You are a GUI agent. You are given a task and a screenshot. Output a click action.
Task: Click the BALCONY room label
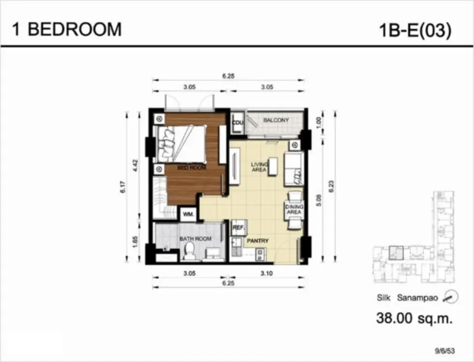click(276, 120)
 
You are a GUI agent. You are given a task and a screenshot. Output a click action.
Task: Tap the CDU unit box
click(237, 123)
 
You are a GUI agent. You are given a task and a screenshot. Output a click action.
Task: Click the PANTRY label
click(258, 241)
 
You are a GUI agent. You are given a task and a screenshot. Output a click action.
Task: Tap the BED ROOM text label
click(192, 167)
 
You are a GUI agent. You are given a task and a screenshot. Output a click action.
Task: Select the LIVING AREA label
click(259, 167)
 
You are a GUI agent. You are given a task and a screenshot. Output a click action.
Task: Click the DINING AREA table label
click(294, 209)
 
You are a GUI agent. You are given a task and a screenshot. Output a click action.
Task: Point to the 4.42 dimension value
click(136, 165)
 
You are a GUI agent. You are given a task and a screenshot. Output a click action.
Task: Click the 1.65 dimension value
click(136, 242)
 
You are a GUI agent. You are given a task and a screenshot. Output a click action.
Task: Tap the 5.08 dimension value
click(320, 200)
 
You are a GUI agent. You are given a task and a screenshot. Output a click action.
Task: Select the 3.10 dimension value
click(266, 274)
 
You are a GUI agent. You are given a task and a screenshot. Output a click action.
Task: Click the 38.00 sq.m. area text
click(415, 318)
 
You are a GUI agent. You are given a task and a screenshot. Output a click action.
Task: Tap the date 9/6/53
click(445, 351)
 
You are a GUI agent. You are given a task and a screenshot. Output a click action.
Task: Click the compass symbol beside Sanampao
click(451, 297)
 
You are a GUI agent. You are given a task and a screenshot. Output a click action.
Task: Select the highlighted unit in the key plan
click(396, 253)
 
